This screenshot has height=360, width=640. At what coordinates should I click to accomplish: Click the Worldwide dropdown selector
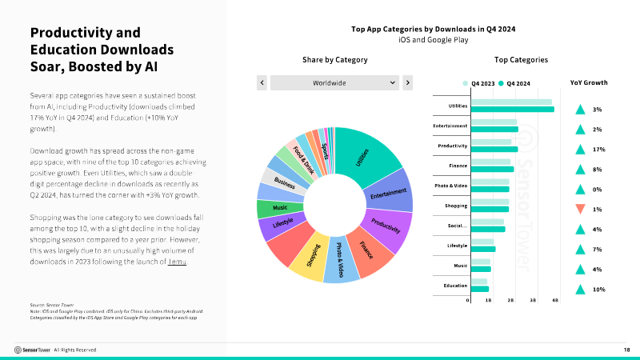334,82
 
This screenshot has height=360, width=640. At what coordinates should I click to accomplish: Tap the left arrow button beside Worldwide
262,82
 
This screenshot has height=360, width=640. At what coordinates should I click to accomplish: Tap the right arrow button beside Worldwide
407,82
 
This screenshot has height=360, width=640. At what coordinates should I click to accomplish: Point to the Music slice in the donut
271,208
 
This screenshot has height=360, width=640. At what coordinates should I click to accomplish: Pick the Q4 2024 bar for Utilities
513,109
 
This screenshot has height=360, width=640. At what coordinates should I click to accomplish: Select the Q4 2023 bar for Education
480,282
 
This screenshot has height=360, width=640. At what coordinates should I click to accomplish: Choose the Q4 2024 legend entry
514,82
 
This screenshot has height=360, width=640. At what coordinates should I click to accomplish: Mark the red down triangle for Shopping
581,210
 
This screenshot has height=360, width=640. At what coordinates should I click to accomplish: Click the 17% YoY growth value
598,150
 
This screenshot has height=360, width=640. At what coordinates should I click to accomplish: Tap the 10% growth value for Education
598,290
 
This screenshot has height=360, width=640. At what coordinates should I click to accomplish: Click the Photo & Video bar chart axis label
450,185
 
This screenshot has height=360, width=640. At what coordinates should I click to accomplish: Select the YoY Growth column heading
588,82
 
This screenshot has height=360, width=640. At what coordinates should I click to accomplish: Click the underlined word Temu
178,262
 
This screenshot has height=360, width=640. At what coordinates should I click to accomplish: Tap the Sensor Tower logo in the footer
31,350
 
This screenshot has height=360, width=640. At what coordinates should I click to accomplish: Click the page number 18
626,350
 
